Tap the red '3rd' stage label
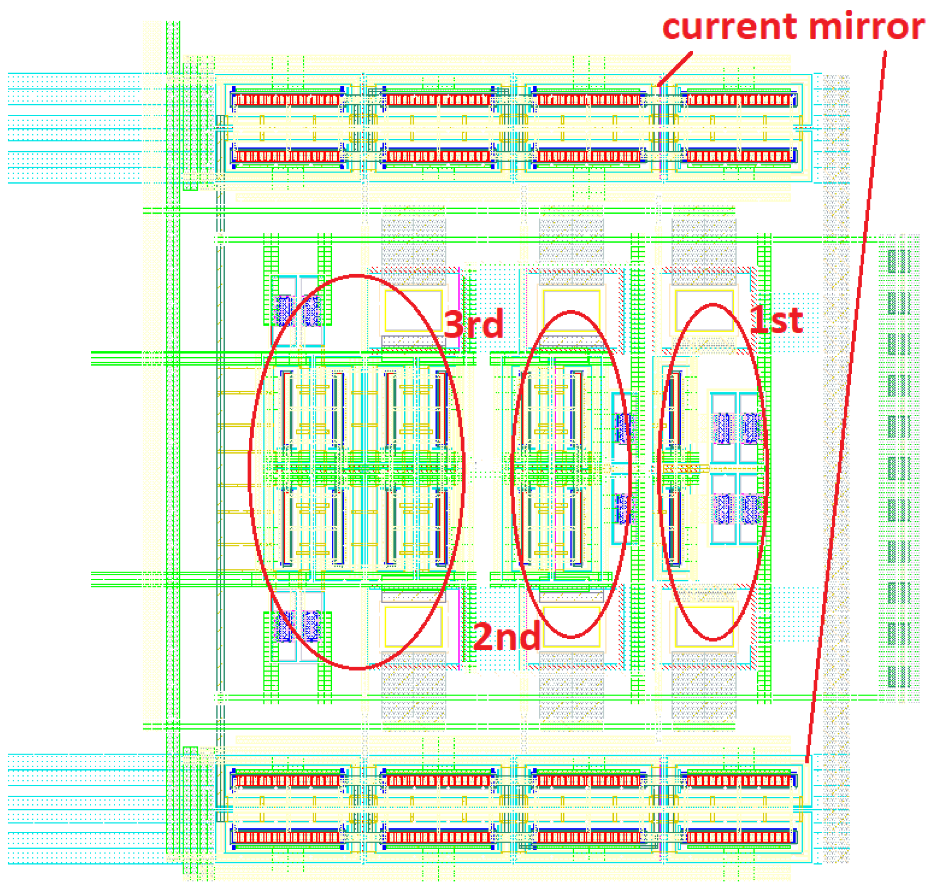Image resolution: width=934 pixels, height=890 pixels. (473, 324)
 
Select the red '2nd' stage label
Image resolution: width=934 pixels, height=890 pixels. (507, 636)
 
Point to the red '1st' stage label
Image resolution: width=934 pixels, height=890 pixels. (775, 320)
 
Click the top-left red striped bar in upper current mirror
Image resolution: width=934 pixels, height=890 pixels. (286, 100)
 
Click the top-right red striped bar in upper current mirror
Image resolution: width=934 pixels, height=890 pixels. (739, 100)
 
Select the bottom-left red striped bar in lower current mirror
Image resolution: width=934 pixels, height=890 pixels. (286, 837)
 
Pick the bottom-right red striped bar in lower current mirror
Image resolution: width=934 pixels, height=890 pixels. (739, 837)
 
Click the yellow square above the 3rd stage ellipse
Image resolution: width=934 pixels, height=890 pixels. (413, 311)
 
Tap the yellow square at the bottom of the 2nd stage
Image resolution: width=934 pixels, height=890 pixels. (571, 626)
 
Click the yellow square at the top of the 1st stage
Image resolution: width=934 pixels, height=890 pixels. (704, 311)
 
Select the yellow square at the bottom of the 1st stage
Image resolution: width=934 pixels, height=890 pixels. (704, 626)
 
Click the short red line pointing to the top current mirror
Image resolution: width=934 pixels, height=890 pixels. (675, 69)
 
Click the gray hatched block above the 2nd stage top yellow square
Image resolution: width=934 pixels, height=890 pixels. (571, 247)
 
